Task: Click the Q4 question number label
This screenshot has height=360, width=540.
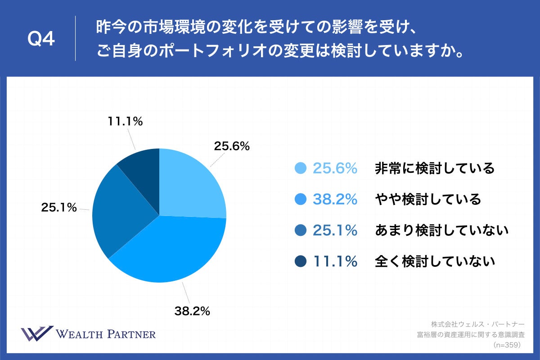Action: [x=41, y=40]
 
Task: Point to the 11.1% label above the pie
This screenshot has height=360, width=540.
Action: [x=125, y=121]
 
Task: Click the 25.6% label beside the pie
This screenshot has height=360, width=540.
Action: [x=231, y=146]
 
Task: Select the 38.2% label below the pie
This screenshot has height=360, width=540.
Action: [x=192, y=310]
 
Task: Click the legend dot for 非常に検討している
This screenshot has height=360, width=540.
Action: [x=300, y=168]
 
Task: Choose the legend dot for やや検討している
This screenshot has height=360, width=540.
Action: [x=300, y=199]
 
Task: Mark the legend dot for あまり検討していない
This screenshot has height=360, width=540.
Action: [x=300, y=230]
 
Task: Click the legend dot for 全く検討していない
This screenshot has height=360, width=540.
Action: [x=300, y=261]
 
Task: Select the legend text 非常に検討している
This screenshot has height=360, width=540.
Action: [x=435, y=168]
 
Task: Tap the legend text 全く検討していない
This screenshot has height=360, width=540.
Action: [x=435, y=261]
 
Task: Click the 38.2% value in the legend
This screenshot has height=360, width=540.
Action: [x=335, y=199]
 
